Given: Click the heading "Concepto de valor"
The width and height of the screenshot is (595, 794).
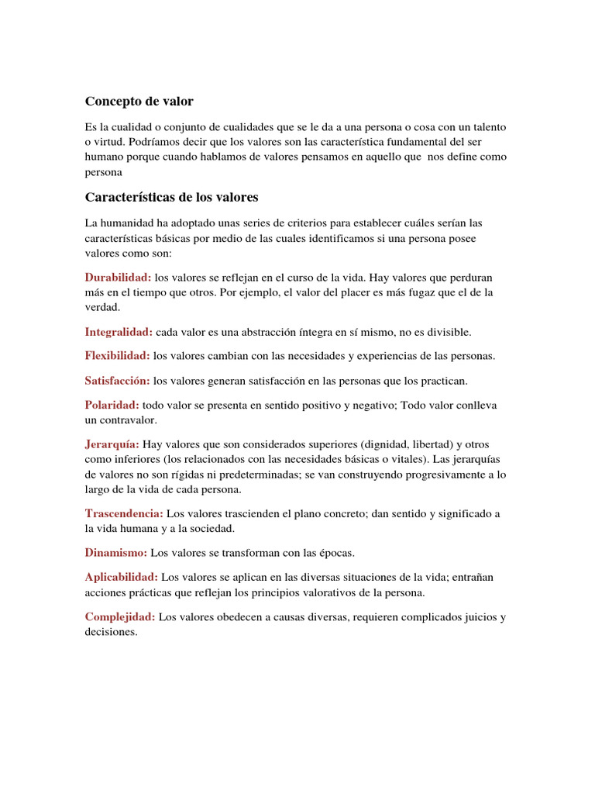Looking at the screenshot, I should pyautogui.click(x=139, y=102).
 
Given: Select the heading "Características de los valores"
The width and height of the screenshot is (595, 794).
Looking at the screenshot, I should pyautogui.click(x=171, y=197).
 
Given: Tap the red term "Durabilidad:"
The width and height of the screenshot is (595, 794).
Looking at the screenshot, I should pyautogui.click(x=118, y=277).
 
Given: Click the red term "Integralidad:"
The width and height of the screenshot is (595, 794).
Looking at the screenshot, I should pyautogui.click(x=119, y=332).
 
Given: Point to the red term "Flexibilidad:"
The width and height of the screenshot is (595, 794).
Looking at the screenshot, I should pyautogui.click(x=117, y=356).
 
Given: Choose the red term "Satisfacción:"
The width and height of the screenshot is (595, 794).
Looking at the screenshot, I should pyautogui.click(x=117, y=381).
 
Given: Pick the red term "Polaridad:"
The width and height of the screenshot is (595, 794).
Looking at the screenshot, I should pyautogui.click(x=112, y=405).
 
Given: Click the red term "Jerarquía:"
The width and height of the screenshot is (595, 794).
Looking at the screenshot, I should pyautogui.click(x=112, y=444).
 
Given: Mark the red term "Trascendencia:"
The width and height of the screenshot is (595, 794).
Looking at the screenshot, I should pyautogui.click(x=124, y=513).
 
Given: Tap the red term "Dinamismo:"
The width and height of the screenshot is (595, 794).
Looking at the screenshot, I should pyautogui.click(x=115, y=553).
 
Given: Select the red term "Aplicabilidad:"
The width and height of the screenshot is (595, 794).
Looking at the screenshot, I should pyautogui.click(x=121, y=578).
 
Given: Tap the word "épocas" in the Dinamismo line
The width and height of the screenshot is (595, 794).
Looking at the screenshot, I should pyautogui.click(x=335, y=553).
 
